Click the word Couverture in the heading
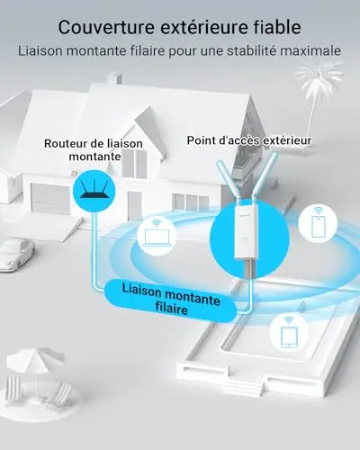click(x=106, y=27)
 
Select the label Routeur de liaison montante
click(x=94, y=149)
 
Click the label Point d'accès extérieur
click(x=249, y=140)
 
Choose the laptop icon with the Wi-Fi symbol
click(x=157, y=237)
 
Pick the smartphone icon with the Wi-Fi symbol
click(x=318, y=222)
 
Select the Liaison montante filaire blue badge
click(x=170, y=301)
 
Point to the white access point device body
click(x=247, y=231)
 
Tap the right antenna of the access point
click(x=265, y=177)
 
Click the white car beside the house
click(x=16, y=254)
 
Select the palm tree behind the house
click(x=314, y=90)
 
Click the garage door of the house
click(x=50, y=198)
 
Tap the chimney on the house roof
click(x=114, y=77)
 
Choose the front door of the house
click(x=134, y=205)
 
